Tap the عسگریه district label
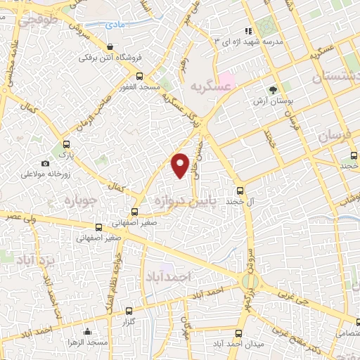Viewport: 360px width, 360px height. click(x=210, y=85)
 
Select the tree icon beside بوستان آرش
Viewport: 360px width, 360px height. click(x=274, y=90)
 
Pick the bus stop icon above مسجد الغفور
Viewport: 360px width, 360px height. click(x=139, y=76)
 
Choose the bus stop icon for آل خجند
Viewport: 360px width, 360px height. click(x=240, y=190)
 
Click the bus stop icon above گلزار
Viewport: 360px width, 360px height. click(x=128, y=310)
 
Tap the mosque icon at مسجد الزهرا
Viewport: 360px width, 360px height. click(x=86, y=331)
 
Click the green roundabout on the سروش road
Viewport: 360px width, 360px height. click(x=250, y=281)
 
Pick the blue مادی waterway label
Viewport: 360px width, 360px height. click(x=115, y=24)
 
